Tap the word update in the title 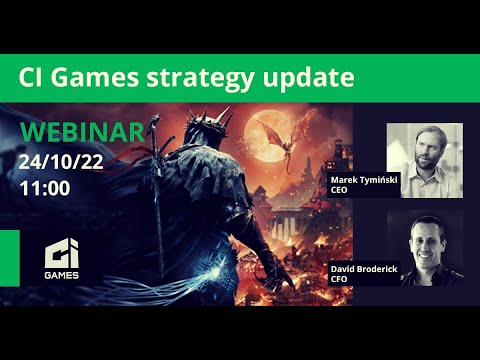point(312,77)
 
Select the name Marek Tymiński point(365,180)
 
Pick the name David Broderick point(367,270)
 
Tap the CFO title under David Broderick point(337,280)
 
